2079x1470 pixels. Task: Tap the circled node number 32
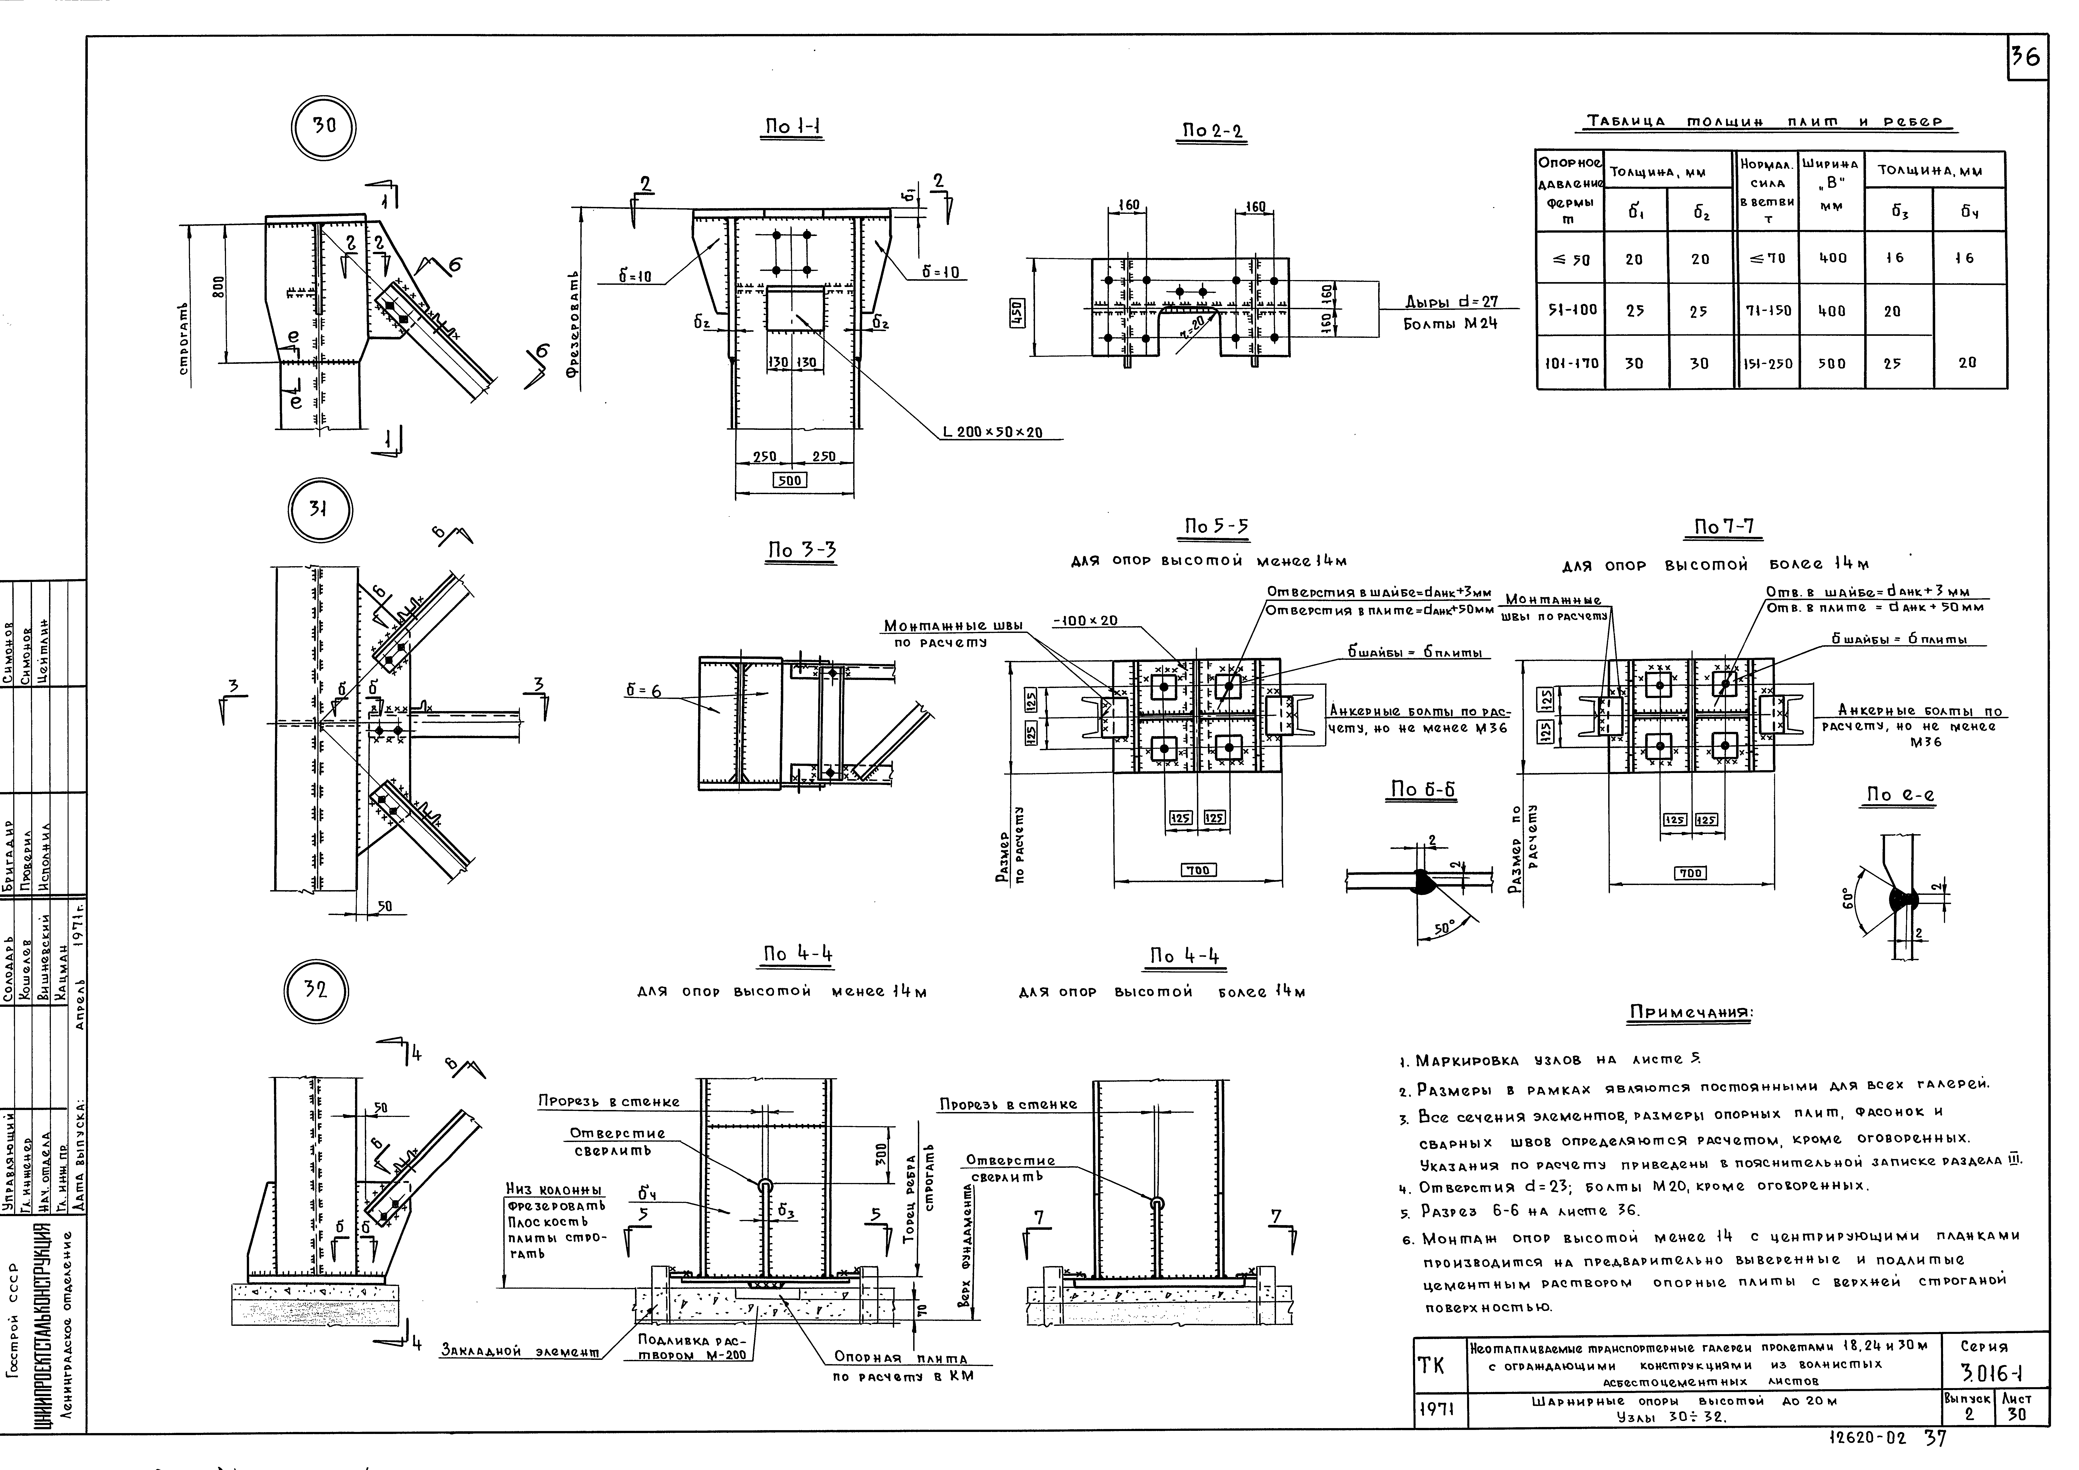pyautogui.click(x=315, y=989)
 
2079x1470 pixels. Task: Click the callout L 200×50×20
pyautogui.click(x=992, y=433)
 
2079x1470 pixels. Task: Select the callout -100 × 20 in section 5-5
pyautogui.click(x=1085, y=621)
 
